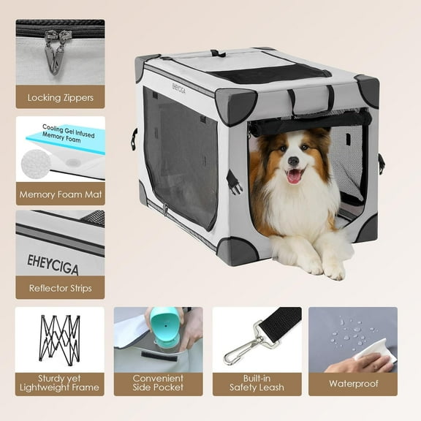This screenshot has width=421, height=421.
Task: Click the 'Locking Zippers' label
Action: (x=60, y=96)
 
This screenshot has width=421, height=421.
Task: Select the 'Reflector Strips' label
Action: (x=60, y=288)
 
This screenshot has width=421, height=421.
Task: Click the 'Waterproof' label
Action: (x=353, y=383)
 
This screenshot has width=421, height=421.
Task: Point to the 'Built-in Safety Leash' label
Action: (x=257, y=383)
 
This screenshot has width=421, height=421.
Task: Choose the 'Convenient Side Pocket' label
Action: (x=158, y=383)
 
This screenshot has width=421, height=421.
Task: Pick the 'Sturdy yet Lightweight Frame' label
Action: (x=60, y=383)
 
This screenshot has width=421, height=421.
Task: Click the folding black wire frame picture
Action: (x=60, y=338)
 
